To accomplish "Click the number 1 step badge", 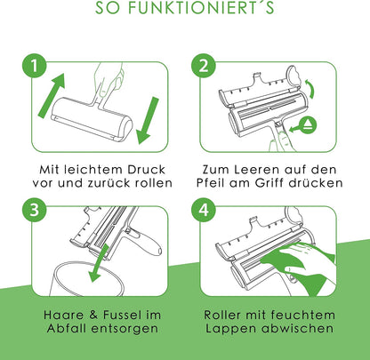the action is tap(35, 66).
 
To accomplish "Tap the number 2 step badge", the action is tap(204, 66).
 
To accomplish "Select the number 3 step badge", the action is tap(35, 210).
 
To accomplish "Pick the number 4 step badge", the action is tap(204, 210).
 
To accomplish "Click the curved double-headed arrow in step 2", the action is tap(310, 89).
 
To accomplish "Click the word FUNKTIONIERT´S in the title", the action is tap(201, 8).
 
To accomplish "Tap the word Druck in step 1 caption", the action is tap(146, 170).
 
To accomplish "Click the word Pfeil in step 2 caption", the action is tap(211, 183).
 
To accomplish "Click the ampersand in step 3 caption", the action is tap(93, 315).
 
